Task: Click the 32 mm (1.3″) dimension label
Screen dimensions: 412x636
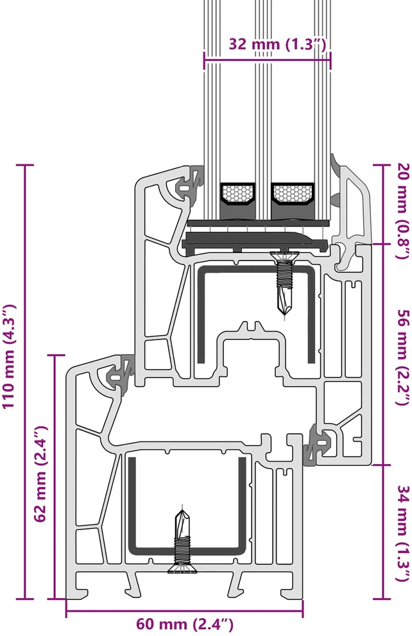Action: pos(277,44)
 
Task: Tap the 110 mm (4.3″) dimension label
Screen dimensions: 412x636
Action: pos(10,356)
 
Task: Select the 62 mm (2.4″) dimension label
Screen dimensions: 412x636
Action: pos(41,474)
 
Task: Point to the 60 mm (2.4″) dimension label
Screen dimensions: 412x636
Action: pos(185,623)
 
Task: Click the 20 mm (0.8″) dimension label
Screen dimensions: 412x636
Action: pos(402,211)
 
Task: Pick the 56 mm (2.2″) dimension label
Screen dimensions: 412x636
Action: pos(402,357)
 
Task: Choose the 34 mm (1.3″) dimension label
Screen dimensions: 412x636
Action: pos(402,533)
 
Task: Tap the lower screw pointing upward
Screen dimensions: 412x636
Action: pos(182,541)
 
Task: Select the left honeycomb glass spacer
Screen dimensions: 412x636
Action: pos(237,193)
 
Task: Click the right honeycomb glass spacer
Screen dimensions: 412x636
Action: pos(293,193)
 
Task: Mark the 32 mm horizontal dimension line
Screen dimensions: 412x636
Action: pos(267,62)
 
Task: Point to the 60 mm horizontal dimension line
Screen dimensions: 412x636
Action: pos(185,612)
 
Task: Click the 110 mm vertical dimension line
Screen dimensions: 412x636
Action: pos(26,382)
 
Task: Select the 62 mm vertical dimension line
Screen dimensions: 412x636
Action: pos(55,477)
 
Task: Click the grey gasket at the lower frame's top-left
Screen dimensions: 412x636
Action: pos(121,372)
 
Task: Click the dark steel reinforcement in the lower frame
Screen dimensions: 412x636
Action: pos(187,506)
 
